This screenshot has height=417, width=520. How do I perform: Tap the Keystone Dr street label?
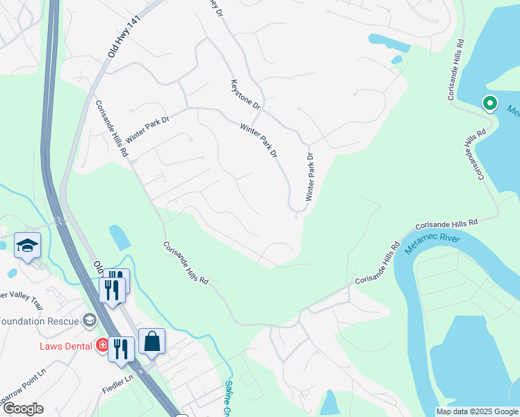245,95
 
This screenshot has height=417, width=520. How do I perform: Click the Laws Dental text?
67,345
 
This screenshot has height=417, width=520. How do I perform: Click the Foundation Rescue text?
39,320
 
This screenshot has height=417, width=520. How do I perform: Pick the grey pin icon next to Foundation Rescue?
89,320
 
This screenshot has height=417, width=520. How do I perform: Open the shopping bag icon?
152,342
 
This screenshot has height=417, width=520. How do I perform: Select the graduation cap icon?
27,245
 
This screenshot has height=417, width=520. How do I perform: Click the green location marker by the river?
489,104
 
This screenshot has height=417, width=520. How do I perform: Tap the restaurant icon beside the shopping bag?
121,349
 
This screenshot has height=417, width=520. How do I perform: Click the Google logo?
22,409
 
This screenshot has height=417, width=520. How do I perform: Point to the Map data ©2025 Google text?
476,411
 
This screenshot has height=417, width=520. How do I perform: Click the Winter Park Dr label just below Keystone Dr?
259,140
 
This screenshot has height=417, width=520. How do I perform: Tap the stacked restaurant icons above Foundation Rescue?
114,285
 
